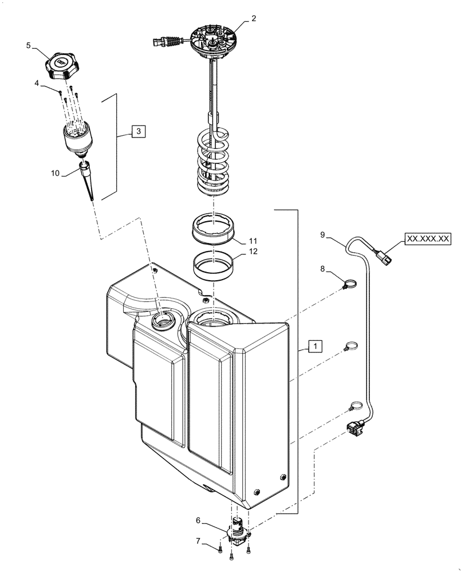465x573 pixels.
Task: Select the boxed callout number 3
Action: coord(138,131)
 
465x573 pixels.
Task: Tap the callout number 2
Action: coord(254,18)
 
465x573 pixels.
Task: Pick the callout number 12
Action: coord(253,251)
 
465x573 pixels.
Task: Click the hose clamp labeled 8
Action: coord(350,282)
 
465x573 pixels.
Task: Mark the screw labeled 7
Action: coord(220,550)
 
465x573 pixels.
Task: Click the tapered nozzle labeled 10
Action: coord(89,180)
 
